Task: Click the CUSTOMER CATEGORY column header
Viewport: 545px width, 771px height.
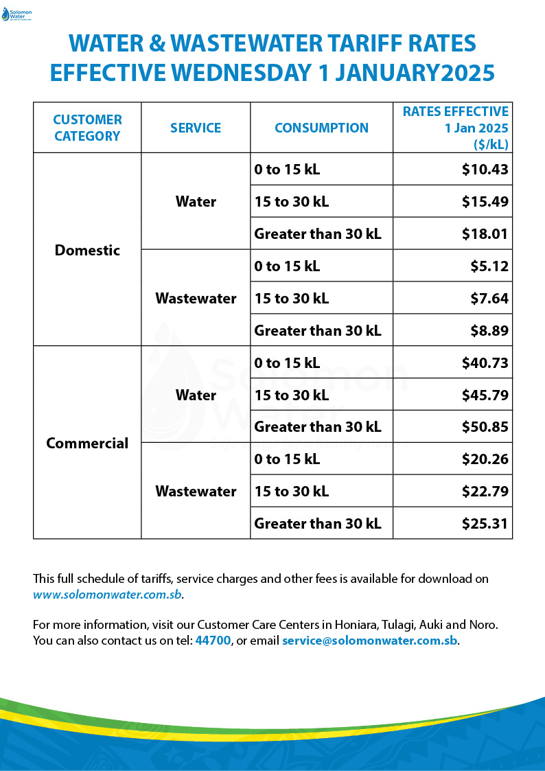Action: (87, 128)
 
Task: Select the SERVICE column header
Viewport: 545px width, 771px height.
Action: (196, 128)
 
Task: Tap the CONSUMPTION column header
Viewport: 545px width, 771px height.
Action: (321, 128)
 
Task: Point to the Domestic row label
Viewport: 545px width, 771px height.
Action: (87, 250)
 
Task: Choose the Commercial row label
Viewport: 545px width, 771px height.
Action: (87, 443)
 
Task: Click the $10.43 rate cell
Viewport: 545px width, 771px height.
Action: (485, 170)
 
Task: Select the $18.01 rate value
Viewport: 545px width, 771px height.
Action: (485, 234)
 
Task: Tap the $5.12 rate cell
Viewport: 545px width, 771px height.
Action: (489, 266)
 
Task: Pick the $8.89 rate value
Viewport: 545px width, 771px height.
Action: (489, 330)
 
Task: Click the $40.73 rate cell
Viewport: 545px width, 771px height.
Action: (485, 363)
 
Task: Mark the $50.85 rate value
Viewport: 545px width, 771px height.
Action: (485, 427)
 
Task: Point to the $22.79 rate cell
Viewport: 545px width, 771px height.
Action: (485, 492)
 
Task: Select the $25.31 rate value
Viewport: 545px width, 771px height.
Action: (485, 524)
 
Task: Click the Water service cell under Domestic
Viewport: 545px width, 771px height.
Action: (196, 202)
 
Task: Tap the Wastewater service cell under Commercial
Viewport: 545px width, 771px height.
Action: (196, 492)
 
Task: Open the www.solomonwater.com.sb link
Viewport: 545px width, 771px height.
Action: (108, 595)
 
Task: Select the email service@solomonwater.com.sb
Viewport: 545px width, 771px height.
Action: (369, 641)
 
